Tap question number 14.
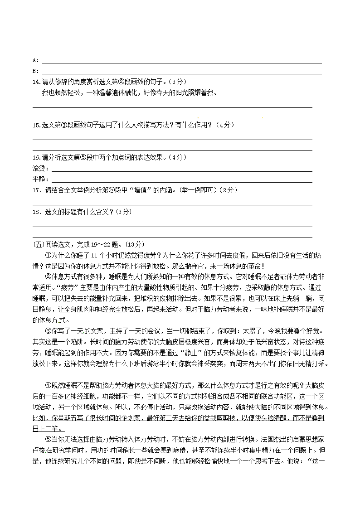pyautogui.click(x=36, y=82)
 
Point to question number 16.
pyautogui.click(x=36, y=157)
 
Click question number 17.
pyautogui.click(x=37, y=190)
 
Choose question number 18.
pyautogui.click(x=37, y=212)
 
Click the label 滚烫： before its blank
pyautogui.click(x=41, y=168)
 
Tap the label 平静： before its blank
pyautogui.click(x=41, y=179)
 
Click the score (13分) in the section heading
pyautogui.click(x=134, y=244)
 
